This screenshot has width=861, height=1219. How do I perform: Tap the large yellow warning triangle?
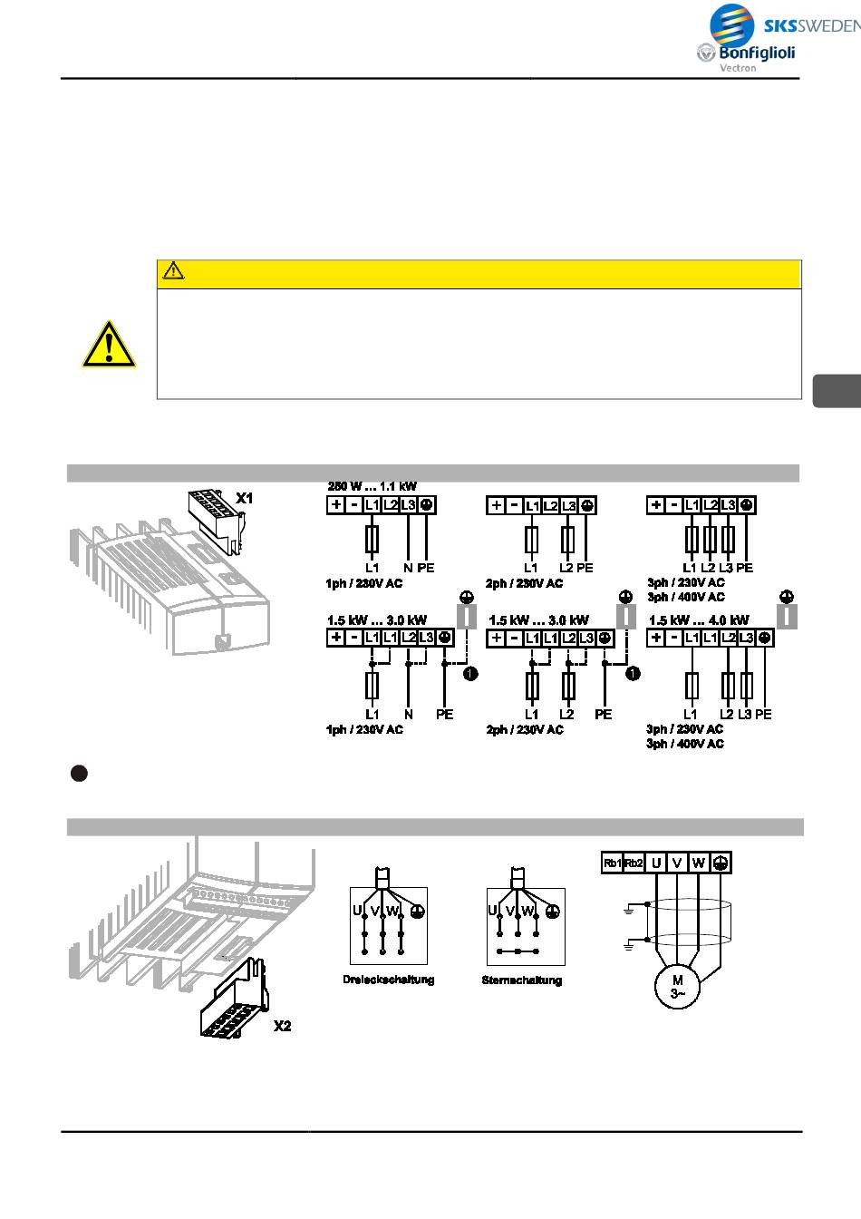(109, 345)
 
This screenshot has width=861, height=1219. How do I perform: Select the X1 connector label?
(245, 498)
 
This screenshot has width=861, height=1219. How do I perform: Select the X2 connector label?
(282, 1026)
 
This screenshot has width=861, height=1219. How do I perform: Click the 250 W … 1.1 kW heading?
(372, 486)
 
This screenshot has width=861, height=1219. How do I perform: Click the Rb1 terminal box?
(613, 863)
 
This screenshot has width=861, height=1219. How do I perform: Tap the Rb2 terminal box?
(634, 863)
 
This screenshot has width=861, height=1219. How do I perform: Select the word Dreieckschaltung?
(388, 980)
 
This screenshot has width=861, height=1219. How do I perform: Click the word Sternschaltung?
(522, 980)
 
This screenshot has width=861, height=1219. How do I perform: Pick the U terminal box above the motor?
(656, 863)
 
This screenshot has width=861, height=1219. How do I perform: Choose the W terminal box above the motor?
(698, 863)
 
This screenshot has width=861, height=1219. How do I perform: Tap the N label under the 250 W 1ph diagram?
(408, 568)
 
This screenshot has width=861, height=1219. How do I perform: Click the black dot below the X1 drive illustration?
(79, 773)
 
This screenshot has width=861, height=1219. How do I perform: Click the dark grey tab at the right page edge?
(837, 389)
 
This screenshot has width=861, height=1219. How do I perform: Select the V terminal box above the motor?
(677, 863)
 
